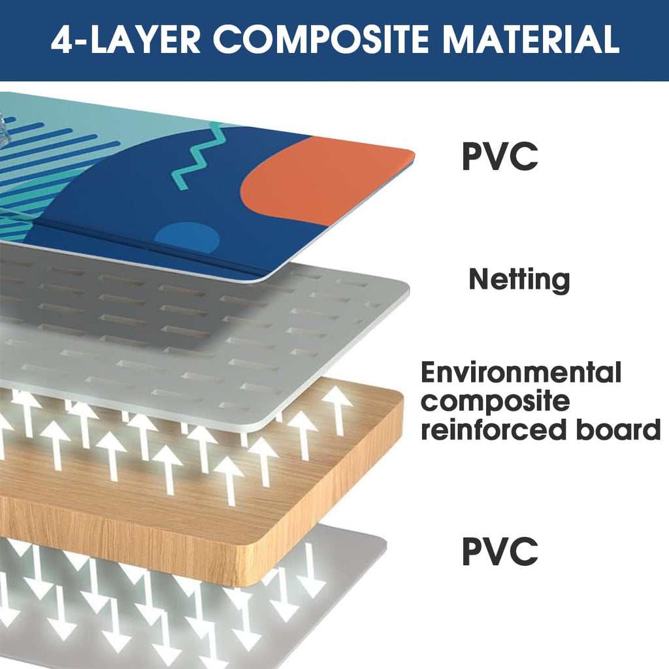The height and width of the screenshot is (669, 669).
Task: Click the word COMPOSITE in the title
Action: (x=320, y=39)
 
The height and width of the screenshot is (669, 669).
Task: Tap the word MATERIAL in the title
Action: (x=530, y=39)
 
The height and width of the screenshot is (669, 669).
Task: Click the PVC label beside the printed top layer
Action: (x=500, y=156)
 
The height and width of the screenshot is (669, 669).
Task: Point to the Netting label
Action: (x=519, y=280)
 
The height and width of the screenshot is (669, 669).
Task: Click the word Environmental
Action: (x=521, y=372)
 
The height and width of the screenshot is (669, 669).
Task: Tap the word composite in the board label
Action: (x=495, y=402)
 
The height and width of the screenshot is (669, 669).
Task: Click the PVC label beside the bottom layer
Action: (x=500, y=551)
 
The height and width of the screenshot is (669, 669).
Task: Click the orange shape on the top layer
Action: (x=324, y=179)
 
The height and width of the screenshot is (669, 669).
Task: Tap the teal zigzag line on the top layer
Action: (x=197, y=155)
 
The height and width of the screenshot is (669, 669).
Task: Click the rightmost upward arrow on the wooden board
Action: (x=337, y=410)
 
